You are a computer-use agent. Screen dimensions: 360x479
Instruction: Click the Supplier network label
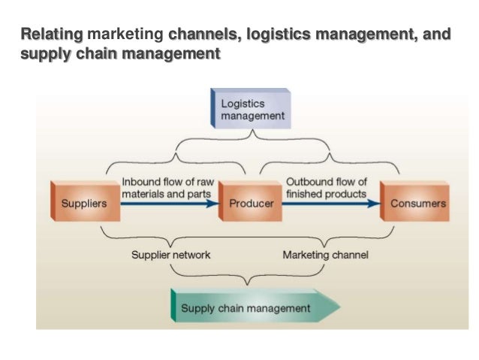click(x=171, y=255)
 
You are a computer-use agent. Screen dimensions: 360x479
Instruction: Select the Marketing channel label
click(x=325, y=255)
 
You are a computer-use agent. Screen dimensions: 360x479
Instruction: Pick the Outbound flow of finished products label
click(x=327, y=187)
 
